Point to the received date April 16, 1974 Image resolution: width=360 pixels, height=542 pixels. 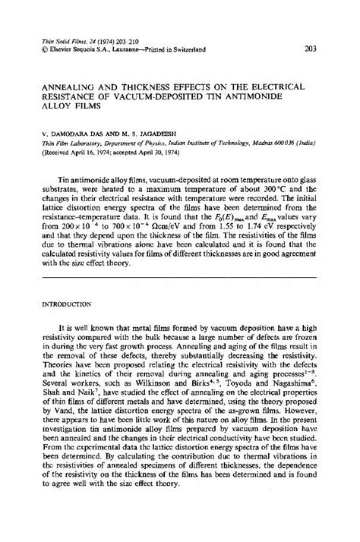pyautogui.click(x=95, y=152)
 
